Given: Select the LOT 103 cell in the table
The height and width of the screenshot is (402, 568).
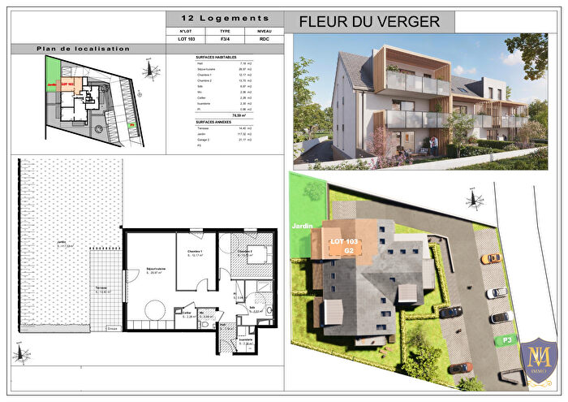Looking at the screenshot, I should pyautogui.click(x=187, y=38).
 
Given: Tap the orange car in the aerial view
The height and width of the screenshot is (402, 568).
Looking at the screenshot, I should pyautogui.click(x=491, y=259).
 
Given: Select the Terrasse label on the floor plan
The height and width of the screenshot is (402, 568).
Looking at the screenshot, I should pyautogui.click(x=101, y=290).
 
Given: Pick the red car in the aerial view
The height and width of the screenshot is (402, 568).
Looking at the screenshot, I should pyautogui.click(x=461, y=367).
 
